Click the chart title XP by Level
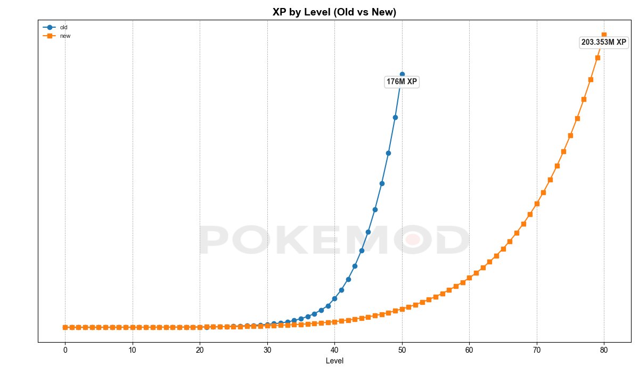click(334, 12)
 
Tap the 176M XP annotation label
click(402, 82)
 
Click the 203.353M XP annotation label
click(603, 42)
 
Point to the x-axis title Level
click(334, 361)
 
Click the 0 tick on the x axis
click(65, 350)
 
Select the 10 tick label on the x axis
click(133, 350)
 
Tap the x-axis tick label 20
click(200, 350)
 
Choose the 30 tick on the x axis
click(267, 350)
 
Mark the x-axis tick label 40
click(334, 350)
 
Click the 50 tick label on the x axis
click(402, 350)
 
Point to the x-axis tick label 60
click(469, 350)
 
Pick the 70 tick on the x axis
click(537, 350)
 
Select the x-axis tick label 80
click(604, 350)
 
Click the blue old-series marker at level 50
click(402, 74)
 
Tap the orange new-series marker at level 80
click(604, 35)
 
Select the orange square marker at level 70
click(537, 204)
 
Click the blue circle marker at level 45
click(368, 232)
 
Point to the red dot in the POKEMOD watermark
click(412, 239)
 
